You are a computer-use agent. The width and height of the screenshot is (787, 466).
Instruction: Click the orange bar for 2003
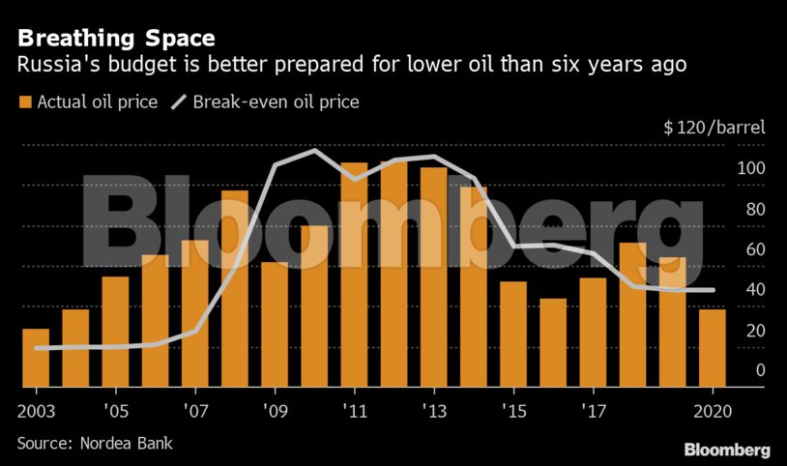(x=36, y=359)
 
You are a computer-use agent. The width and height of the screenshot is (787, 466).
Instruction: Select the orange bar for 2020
(x=712, y=348)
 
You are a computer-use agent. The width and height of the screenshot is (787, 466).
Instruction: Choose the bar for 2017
(x=593, y=333)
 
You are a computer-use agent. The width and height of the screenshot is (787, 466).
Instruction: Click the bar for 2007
(x=195, y=314)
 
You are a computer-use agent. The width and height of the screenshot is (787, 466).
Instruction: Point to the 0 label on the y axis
(x=760, y=370)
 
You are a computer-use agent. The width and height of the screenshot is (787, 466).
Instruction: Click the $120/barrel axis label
(x=714, y=127)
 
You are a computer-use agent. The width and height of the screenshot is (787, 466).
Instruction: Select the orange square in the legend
(x=24, y=102)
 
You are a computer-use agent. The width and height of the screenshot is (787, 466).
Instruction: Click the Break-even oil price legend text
(x=277, y=102)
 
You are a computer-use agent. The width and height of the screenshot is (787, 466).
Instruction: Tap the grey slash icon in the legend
(x=179, y=102)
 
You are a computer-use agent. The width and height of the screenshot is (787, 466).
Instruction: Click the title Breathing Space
(x=115, y=39)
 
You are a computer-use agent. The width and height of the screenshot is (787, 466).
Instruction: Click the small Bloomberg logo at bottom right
(x=727, y=450)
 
